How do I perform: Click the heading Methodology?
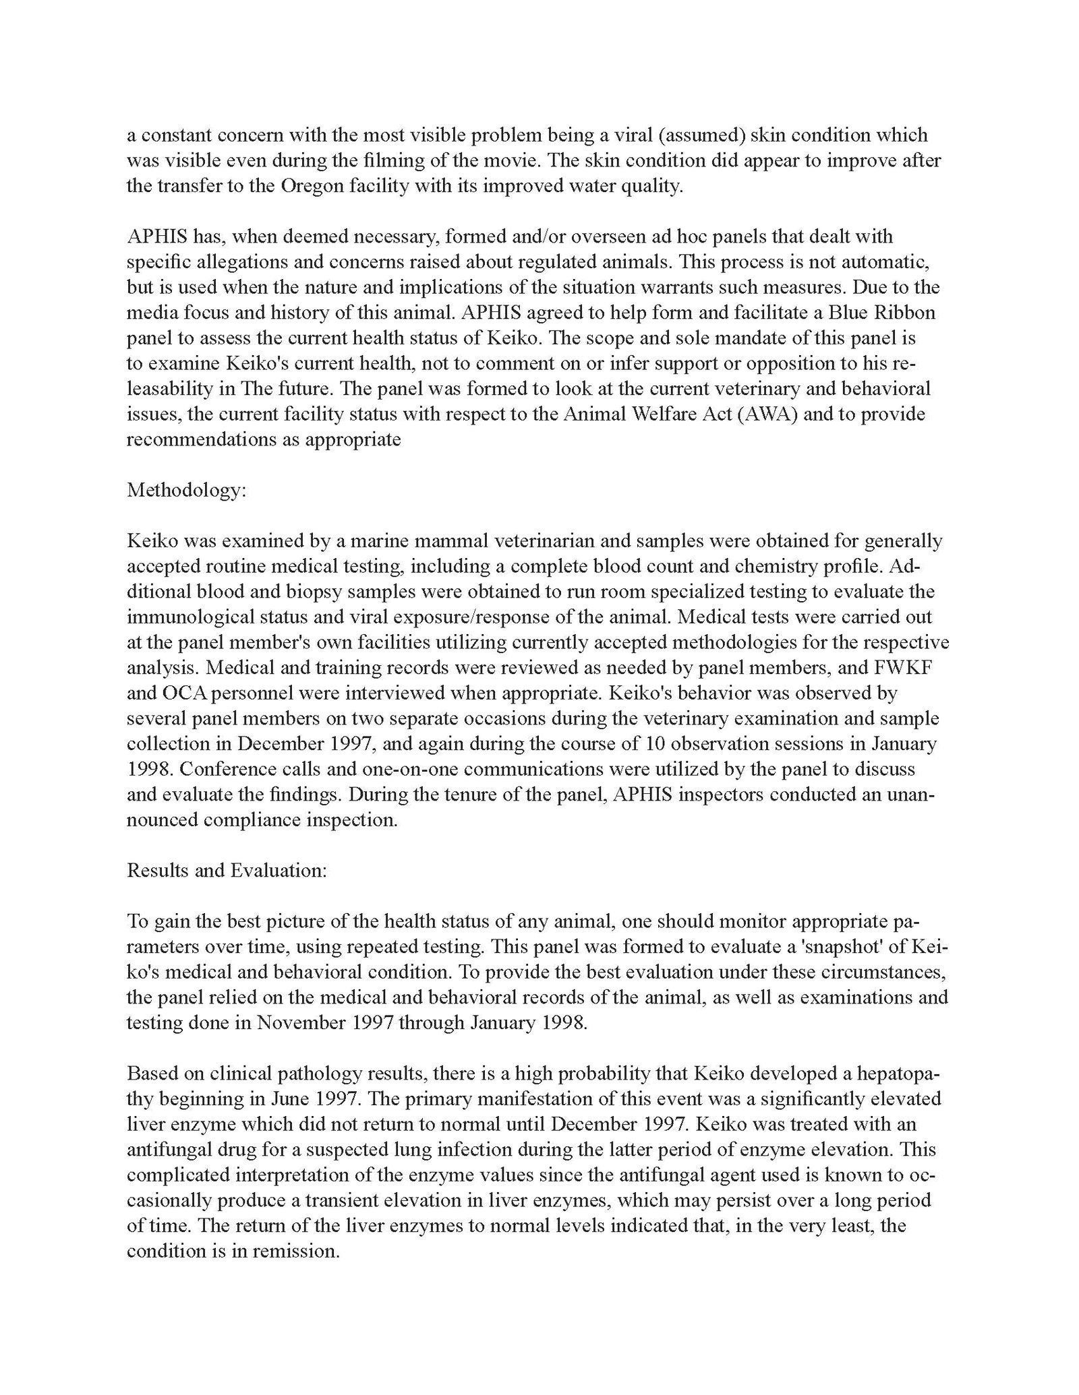click(x=187, y=490)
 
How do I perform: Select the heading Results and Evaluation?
click(x=227, y=870)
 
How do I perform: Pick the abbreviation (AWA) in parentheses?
click(x=763, y=414)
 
